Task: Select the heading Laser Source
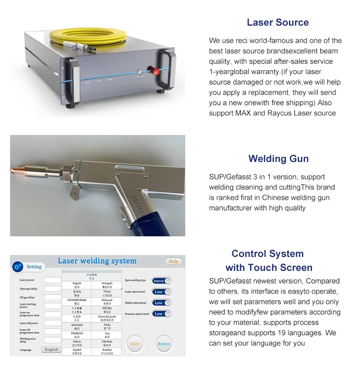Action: click(x=277, y=22)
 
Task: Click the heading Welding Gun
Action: click(x=278, y=159)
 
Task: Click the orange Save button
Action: click(x=135, y=343)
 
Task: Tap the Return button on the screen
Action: click(x=164, y=343)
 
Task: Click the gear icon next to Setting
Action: click(x=18, y=267)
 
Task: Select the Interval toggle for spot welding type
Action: click(x=161, y=281)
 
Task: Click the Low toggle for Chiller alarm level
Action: click(x=161, y=303)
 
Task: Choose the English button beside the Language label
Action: click(x=51, y=349)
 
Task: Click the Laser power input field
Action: click(x=53, y=280)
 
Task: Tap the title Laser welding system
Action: click(x=97, y=261)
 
